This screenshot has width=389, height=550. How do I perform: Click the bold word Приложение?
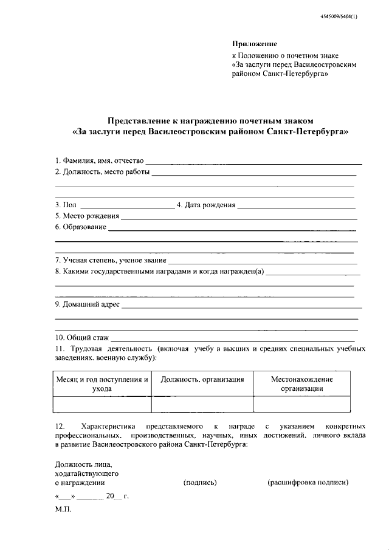pos(255,44)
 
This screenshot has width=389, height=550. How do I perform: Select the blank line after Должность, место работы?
pos(253,174)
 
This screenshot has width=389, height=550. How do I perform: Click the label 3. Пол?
pos(66,205)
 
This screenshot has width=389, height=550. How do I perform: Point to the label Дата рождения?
pos(210,205)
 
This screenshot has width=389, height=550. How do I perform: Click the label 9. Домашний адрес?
pos(87,304)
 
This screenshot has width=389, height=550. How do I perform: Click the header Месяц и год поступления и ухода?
pos(102,383)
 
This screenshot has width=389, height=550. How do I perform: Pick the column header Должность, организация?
pos(202,379)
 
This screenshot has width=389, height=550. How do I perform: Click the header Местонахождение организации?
pos(301,383)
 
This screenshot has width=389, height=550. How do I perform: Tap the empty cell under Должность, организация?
pos(202,404)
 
